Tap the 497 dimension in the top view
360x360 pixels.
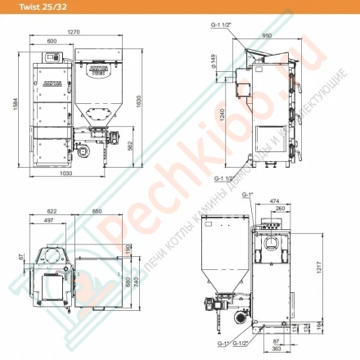(x=47, y=221)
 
